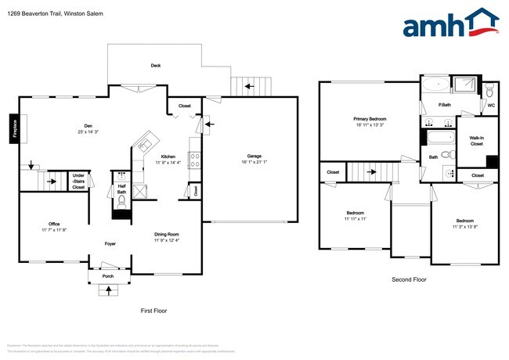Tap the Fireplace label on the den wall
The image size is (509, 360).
(x=13, y=129)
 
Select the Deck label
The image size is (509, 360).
(x=156, y=66)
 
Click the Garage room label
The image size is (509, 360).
(x=253, y=157)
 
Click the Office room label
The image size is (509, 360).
(x=54, y=225)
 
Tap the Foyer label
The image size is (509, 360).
(x=111, y=243)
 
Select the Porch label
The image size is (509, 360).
(x=108, y=276)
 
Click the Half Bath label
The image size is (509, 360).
(x=122, y=189)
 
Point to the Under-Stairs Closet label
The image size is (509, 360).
(x=78, y=182)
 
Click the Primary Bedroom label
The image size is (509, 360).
(x=370, y=118)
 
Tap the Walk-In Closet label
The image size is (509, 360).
(x=476, y=141)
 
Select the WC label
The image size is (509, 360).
(x=491, y=105)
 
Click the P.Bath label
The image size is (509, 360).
(x=443, y=105)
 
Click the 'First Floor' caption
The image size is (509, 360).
(x=153, y=311)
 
